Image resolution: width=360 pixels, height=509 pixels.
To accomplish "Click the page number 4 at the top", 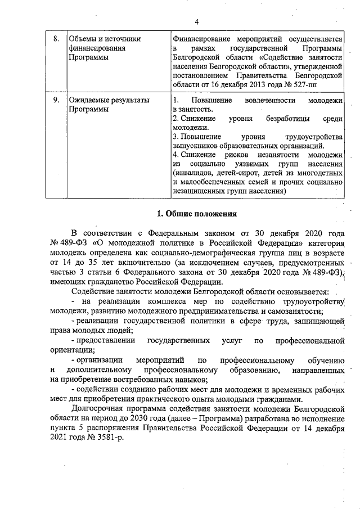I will (x=197, y=22).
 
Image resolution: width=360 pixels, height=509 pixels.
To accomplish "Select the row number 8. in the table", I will (x=56, y=39).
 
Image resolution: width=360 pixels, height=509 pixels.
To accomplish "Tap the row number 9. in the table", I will (x=56, y=100).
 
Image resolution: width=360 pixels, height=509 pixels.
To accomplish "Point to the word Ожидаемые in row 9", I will (x=89, y=100).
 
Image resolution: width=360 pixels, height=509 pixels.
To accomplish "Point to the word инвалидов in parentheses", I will (x=195, y=173).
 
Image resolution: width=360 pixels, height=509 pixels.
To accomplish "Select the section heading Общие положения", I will (x=201, y=214).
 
